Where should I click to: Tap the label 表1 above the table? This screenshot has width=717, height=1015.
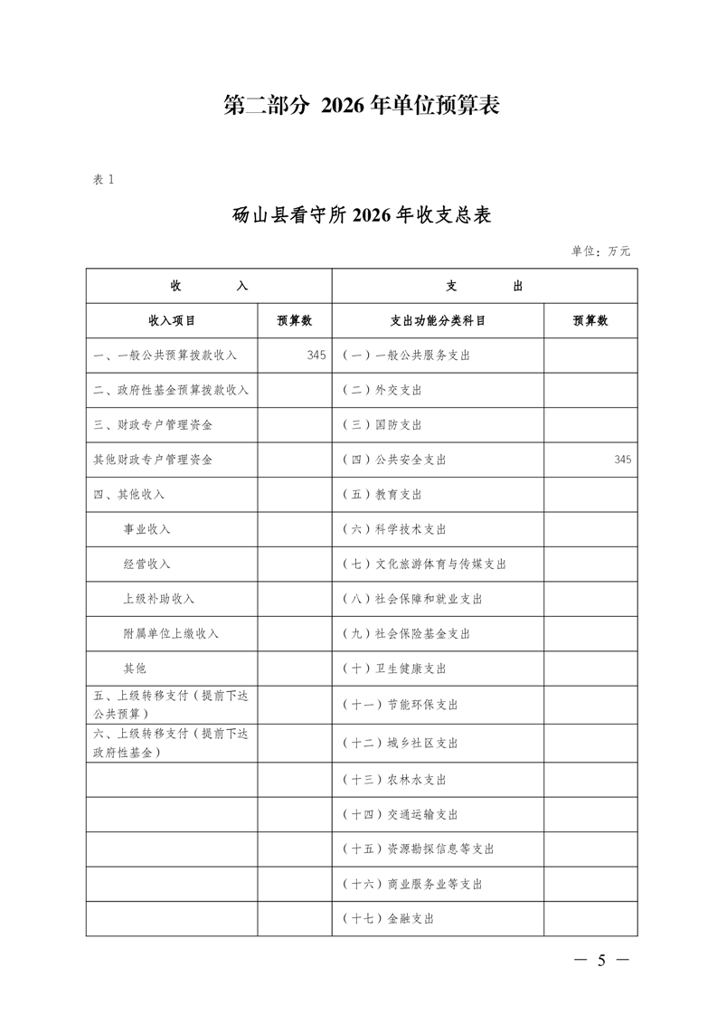pos(103,179)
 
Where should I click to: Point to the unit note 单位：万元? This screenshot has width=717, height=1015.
pos(600,251)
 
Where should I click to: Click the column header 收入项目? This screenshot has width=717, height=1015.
pos(172,320)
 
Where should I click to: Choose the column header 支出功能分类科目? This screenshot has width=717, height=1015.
pos(438,320)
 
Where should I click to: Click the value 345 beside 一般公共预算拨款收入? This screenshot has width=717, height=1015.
pos(316,356)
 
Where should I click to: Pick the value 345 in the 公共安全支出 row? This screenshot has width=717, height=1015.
pos(622,460)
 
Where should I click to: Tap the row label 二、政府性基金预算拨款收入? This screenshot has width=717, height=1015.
pos(171,390)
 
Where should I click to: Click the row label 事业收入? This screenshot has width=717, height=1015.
pos(146,529)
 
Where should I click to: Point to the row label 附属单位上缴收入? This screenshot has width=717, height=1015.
pos(171,633)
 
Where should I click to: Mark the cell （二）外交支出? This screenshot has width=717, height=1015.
pos(382,390)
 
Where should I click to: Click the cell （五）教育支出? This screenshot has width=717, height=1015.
pos(382,495)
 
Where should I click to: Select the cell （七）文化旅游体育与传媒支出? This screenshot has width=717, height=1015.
pos(424,564)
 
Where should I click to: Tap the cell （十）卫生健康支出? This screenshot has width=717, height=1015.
pos(394,669)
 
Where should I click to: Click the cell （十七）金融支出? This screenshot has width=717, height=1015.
pos(389,918)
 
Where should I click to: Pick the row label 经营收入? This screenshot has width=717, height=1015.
pos(146,564)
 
